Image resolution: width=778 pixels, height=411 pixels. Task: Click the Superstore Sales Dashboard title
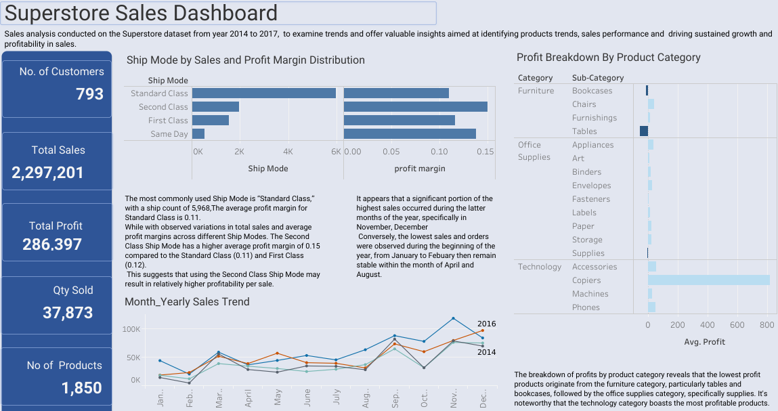coord(142,13)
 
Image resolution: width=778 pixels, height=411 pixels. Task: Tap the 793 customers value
coord(89,94)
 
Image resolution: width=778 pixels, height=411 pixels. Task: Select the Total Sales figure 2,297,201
coord(47,173)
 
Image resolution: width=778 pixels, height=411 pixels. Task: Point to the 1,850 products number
coord(81,388)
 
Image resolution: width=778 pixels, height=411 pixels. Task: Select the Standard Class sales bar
coord(264,93)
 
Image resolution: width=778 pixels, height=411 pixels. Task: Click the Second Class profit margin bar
coord(415,107)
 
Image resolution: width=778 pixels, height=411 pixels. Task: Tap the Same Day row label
coord(169,134)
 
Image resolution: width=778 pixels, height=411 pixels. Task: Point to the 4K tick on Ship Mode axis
coord(288,152)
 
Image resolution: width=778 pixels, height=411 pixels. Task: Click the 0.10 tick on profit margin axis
coord(439,152)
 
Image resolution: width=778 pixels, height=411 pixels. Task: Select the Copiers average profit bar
coord(708,280)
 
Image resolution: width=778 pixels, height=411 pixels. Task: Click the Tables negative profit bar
coord(644,131)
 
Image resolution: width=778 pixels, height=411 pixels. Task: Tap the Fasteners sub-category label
coord(590,199)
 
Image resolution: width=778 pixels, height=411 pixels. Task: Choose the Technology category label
coord(540,267)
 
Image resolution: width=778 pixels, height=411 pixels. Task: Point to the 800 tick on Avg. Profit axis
coord(766,325)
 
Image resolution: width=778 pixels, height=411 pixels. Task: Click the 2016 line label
coord(486,324)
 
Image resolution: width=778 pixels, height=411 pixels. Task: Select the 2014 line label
coord(486,352)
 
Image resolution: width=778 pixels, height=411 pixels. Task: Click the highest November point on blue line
coord(453,318)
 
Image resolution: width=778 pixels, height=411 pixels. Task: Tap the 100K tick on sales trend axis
coord(131,329)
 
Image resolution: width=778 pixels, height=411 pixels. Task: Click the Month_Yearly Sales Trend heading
coord(187,302)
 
